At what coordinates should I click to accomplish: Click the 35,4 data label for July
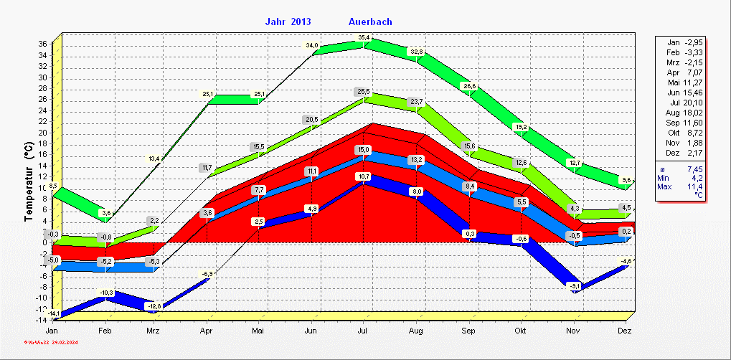[x=364, y=37]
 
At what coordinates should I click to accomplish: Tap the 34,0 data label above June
[x=312, y=45]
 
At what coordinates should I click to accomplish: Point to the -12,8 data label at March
[x=154, y=306]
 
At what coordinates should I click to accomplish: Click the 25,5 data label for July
[x=364, y=92]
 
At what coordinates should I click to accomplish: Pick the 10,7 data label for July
[x=364, y=176]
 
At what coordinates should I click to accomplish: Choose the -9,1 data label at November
[x=574, y=286]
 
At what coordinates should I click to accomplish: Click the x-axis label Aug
[x=417, y=331]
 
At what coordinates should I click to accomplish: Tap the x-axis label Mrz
[x=153, y=331]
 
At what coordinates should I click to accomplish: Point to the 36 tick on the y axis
[x=42, y=44]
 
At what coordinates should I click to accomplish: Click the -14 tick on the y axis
[x=41, y=320]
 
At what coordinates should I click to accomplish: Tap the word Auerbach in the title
[x=370, y=22]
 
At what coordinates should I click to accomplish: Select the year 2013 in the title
[x=301, y=22]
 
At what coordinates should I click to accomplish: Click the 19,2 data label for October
[x=522, y=127]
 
